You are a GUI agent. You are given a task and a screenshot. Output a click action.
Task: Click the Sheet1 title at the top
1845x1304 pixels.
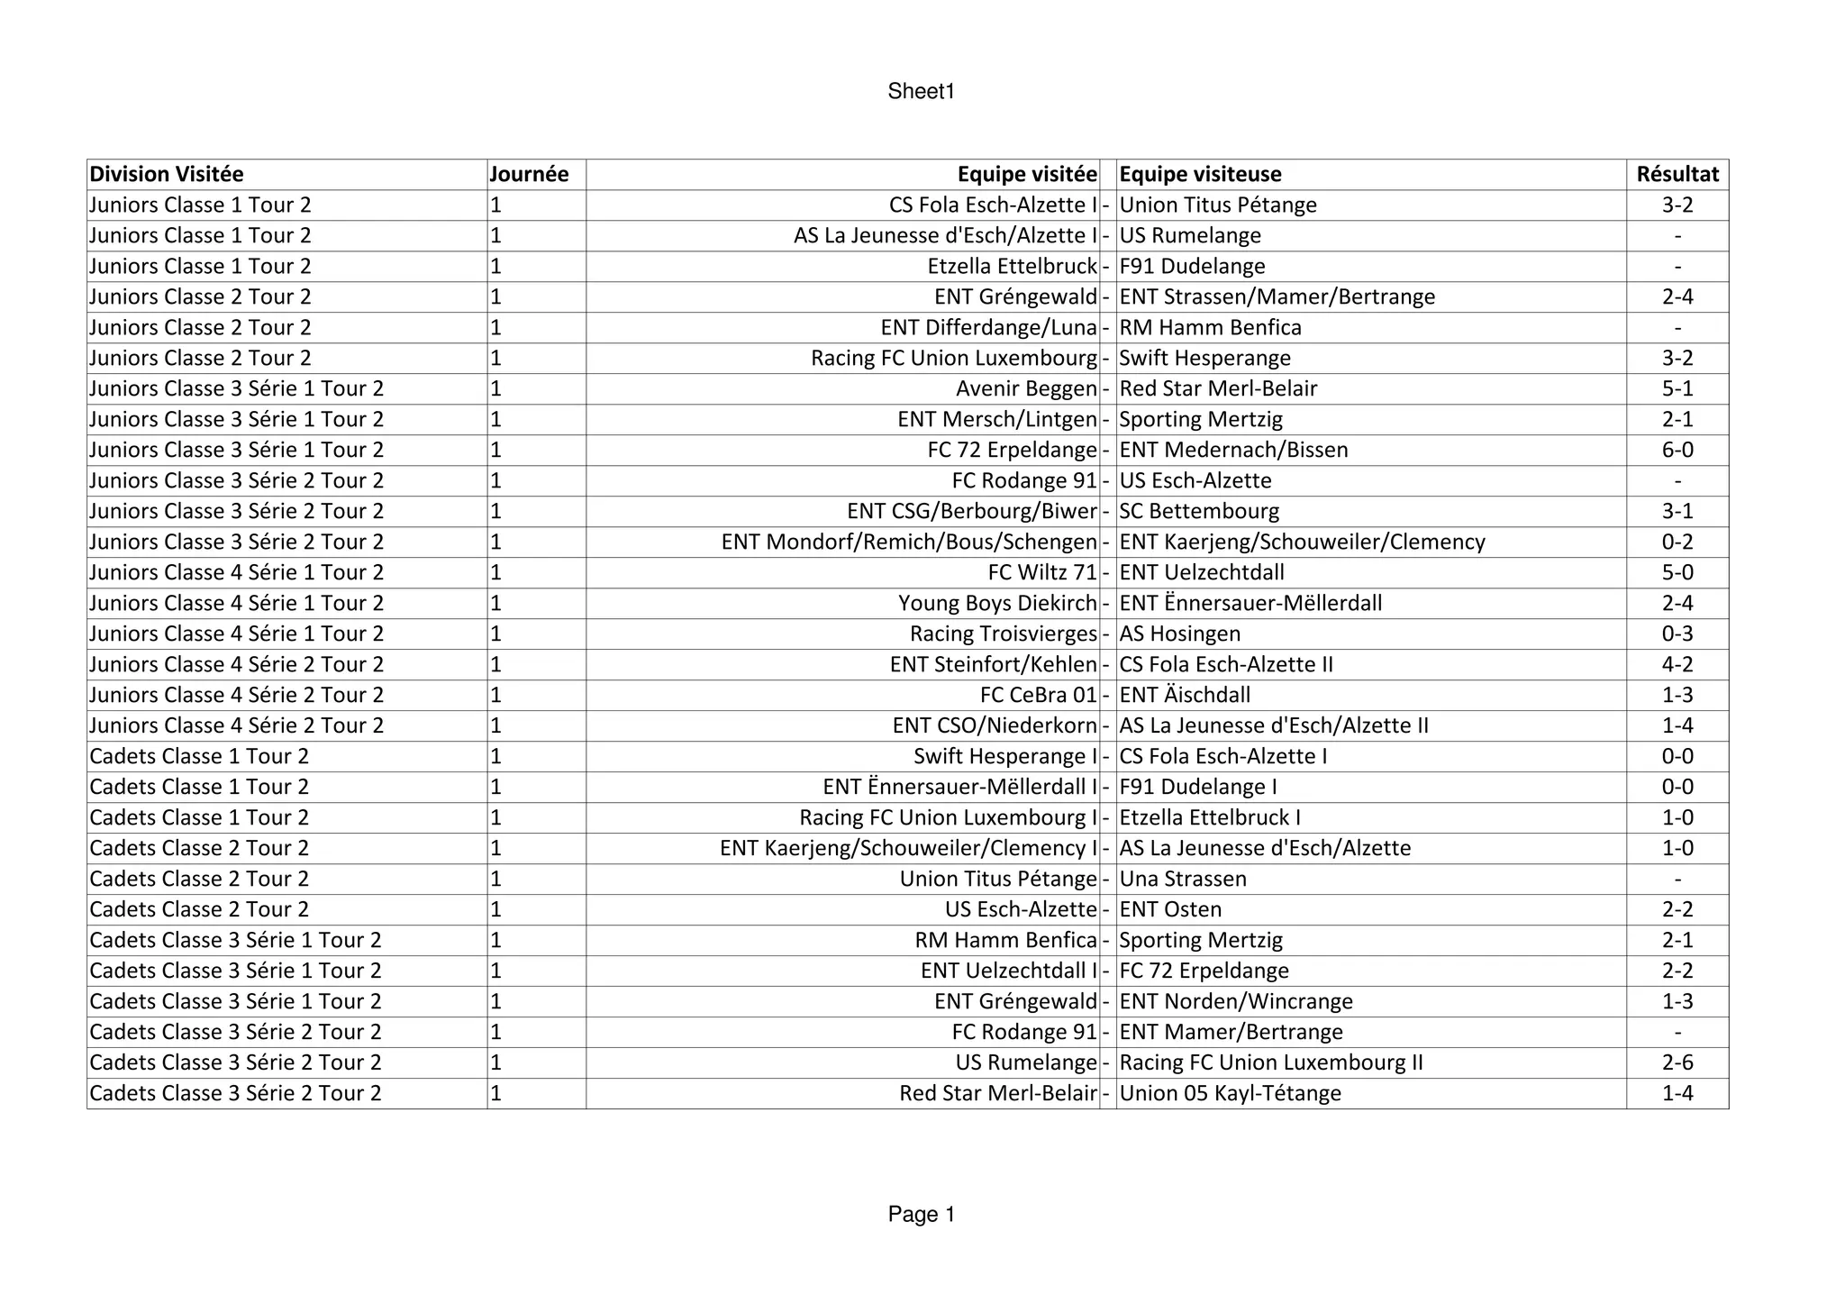[921, 91]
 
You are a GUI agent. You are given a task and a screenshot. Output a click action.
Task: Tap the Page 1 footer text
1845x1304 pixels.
[921, 1214]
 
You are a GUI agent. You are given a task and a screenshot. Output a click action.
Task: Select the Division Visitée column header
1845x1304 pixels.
[167, 174]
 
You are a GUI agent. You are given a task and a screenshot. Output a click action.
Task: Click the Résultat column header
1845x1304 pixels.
[1677, 174]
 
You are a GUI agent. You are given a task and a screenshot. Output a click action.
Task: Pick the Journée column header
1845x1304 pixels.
[529, 174]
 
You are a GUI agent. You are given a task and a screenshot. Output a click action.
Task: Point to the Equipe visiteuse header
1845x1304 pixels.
[1200, 174]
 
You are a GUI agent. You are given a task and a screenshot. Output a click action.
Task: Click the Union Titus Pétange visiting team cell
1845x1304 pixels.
[1218, 205]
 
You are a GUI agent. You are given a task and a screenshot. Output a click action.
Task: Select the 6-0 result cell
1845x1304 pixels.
[1677, 450]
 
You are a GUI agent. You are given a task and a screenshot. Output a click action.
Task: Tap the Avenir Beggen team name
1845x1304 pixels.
[1026, 388]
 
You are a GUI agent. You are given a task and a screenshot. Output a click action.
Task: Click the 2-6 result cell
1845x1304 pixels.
[1677, 1062]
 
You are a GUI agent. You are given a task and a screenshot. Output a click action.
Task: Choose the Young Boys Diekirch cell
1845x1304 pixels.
[997, 603]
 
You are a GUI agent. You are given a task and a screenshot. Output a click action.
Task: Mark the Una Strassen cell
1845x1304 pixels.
[1183, 879]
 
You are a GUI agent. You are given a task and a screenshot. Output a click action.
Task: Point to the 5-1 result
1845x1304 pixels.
[1677, 388]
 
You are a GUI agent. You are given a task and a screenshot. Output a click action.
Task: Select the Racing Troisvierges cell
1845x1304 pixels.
[1004, 634]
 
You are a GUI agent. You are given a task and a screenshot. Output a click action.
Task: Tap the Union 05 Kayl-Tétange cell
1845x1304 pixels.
[1230, 1093]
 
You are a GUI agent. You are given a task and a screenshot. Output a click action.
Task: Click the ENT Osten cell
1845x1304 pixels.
[1170, 909]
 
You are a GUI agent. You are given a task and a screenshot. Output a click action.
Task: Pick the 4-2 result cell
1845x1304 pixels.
[1677, 664]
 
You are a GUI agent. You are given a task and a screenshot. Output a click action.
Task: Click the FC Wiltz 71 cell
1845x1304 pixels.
[1042, 572]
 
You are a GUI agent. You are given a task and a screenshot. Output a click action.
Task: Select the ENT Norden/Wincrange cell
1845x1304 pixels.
[1236, 1001]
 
